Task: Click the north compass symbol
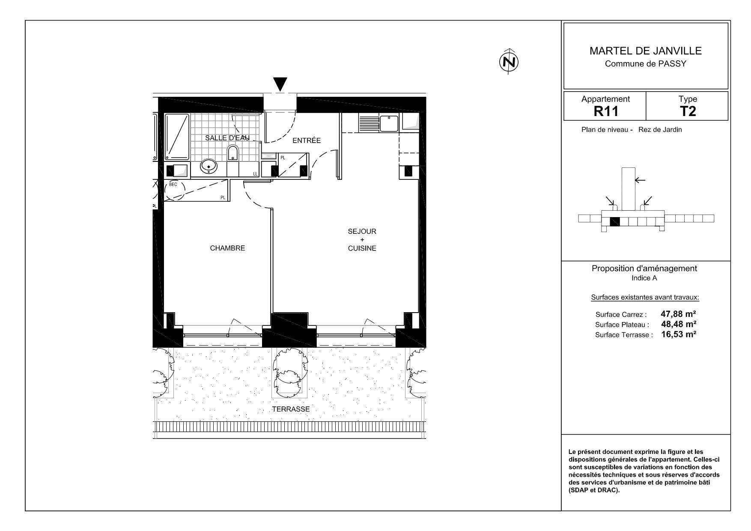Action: coord(509,62)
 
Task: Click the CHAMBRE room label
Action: coord(227,248)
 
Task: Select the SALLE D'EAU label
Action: coord(227,138)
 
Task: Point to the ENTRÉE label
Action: coord(307,140)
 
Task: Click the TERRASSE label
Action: coord(291,409)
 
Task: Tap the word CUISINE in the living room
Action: coord(362,248)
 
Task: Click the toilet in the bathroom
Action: coord(232,153)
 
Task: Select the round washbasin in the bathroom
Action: coord(209,166)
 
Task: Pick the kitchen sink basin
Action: coord(389,124)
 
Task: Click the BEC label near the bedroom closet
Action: coord(173,185)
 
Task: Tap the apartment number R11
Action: coord(606,112)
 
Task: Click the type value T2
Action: coord(688,112)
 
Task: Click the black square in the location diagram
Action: coord(615,222)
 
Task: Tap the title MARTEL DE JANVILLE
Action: coord(646,51)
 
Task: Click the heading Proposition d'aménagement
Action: coord(644,268)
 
